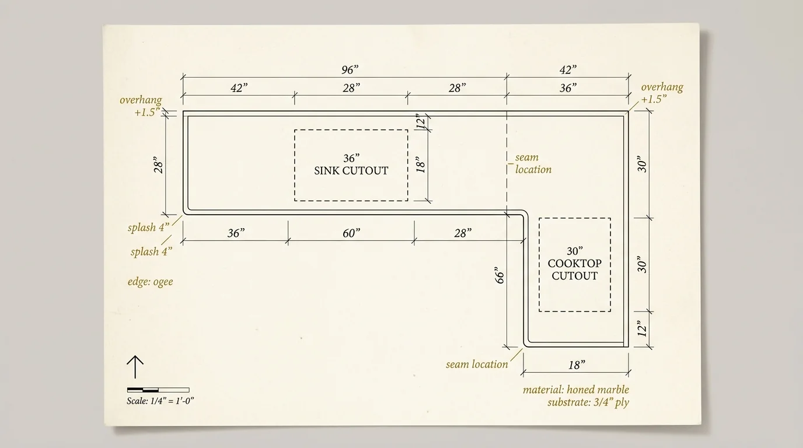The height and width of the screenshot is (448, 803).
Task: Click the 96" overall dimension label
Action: (350, 70)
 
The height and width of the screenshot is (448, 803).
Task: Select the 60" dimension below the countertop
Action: (351, 233)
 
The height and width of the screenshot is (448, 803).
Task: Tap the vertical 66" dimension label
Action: (499, 276)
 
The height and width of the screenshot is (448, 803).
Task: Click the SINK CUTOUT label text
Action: (351, 171)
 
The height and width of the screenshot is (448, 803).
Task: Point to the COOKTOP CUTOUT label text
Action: (575, 269)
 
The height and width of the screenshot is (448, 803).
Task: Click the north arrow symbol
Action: (135, 368)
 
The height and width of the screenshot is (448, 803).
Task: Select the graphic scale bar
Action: (158, 390)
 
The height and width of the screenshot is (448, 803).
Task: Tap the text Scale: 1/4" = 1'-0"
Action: (160, 401)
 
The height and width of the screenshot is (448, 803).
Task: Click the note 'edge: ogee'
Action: (150, 282)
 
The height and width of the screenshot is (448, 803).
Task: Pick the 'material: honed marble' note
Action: (575, 390)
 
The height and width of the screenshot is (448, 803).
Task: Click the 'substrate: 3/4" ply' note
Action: (588, 402)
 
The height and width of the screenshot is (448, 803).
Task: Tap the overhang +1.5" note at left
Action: (141, 106)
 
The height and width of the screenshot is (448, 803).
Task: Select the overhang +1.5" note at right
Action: (662, 93)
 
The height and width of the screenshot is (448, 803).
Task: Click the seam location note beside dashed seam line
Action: (532, 163)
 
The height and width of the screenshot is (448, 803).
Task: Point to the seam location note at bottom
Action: (477, 365)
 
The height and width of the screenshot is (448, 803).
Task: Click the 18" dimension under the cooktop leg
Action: (576, 365)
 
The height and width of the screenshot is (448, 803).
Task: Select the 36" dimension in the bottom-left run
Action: (235, 233)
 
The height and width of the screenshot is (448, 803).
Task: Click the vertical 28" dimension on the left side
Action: (157, 165)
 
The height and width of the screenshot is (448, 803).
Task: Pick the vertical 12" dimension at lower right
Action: (642, 330)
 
